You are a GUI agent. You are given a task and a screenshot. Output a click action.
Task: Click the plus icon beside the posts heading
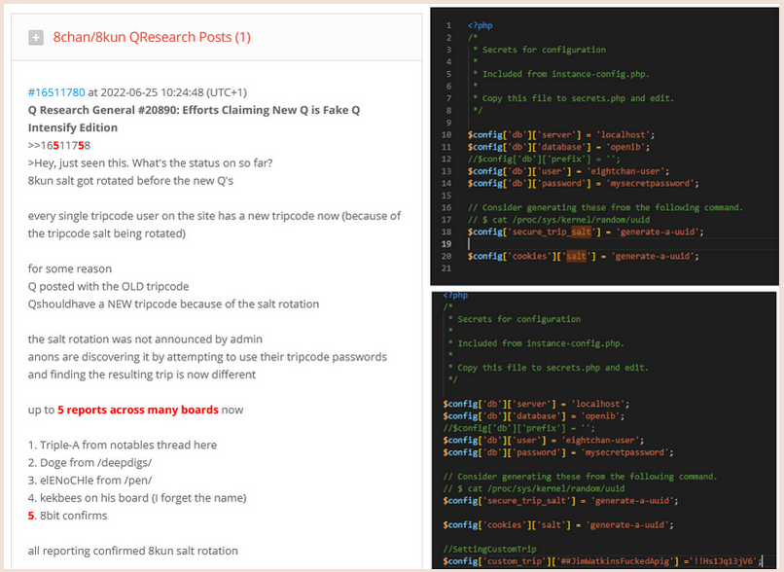[35, 38]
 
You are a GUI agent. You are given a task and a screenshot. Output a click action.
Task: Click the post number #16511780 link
[56, 92]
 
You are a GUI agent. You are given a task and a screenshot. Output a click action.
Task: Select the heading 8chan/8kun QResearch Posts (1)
[152, 38]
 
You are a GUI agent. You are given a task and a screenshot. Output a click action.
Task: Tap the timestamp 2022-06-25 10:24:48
[152, 92]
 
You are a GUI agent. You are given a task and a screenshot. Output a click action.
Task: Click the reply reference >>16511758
[59, 146]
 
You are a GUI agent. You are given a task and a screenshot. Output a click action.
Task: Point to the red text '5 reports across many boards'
[138, 410]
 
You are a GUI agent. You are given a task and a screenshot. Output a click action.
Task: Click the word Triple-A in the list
[59, 445]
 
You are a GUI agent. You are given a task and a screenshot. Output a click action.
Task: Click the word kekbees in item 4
[58, 498]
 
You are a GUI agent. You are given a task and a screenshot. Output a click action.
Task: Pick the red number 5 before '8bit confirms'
[31, 516]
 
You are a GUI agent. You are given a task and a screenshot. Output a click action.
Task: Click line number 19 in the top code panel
[446, 244]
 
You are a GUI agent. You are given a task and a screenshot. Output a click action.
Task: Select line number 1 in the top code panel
[448, 25]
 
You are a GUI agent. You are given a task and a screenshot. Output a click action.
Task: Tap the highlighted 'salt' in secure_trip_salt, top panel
[581, 232]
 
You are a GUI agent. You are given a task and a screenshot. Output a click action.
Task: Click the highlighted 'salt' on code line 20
[576, 256]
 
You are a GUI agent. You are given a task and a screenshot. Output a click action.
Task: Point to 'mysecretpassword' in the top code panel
[651, 184]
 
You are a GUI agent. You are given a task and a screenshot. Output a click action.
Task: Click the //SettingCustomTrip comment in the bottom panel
[489, 549]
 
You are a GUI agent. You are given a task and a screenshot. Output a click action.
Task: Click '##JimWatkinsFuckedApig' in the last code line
[615, 561]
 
